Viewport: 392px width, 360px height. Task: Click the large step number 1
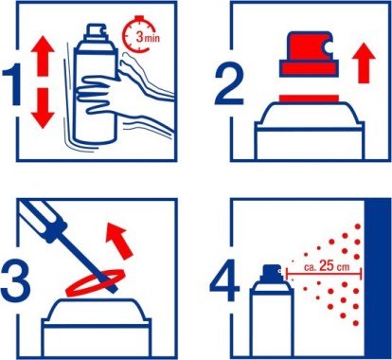[13, 84]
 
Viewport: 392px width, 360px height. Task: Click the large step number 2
[229, 84]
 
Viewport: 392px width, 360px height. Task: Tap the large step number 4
[224, 280]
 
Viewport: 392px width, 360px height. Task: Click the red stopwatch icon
[138, 34]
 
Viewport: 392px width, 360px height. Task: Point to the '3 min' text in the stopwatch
[148, 37]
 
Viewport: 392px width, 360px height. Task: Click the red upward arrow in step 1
[43, 56]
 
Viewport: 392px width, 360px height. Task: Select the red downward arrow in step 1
[43, 108]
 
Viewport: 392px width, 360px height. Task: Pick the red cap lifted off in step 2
[308, 54]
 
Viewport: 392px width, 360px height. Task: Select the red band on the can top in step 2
[310, 99]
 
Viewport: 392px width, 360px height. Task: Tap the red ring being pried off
[95, 281]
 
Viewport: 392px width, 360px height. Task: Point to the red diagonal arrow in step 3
[118, 240]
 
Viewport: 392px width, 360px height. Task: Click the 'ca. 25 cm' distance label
[327, 266]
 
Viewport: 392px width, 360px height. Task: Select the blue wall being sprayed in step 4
[378, 279]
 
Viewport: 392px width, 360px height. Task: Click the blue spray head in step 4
[271, 273]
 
